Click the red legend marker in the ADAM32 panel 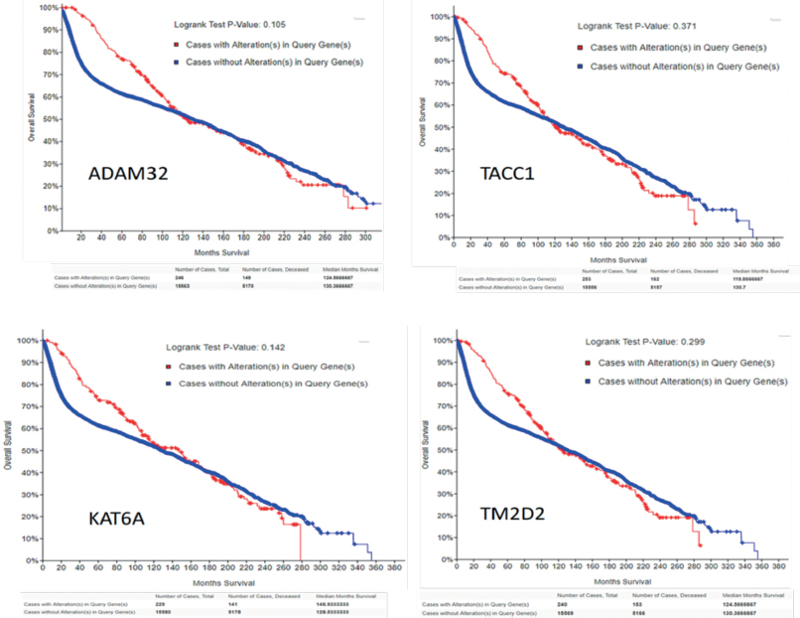click(176, 44)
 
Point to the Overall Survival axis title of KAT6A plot click(13, 449)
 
